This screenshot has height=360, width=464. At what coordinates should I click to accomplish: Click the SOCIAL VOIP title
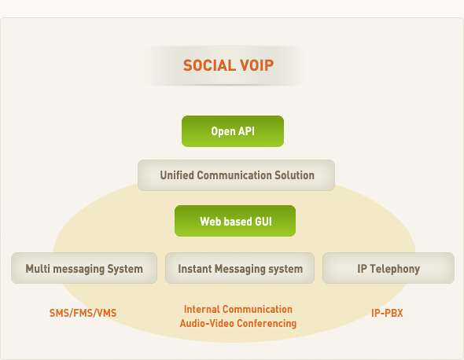point(228,65)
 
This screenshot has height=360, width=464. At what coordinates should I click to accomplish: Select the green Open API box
point(233,131)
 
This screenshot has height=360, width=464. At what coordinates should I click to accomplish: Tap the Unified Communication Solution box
point(236,175)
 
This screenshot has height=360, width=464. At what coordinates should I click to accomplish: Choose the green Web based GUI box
point(235,221)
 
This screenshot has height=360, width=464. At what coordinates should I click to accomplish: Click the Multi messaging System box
point(84,268)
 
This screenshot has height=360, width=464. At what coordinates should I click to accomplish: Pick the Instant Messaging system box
point(240,268)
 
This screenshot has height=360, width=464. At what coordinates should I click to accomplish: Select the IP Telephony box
point(389,268)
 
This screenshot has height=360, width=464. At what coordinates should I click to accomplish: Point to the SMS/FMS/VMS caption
point(83,313)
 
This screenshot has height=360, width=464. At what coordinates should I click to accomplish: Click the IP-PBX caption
point(387,313)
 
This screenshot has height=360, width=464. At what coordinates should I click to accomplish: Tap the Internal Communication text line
point(238,309)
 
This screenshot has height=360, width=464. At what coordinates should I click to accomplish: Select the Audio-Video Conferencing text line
point(238,323)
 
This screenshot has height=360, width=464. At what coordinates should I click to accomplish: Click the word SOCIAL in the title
point(208,65)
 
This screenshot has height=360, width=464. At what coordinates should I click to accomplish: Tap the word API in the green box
point(246,131)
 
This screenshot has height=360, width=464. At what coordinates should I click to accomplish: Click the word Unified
point(177,175)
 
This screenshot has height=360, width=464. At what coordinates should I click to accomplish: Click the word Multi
point(38,269)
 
